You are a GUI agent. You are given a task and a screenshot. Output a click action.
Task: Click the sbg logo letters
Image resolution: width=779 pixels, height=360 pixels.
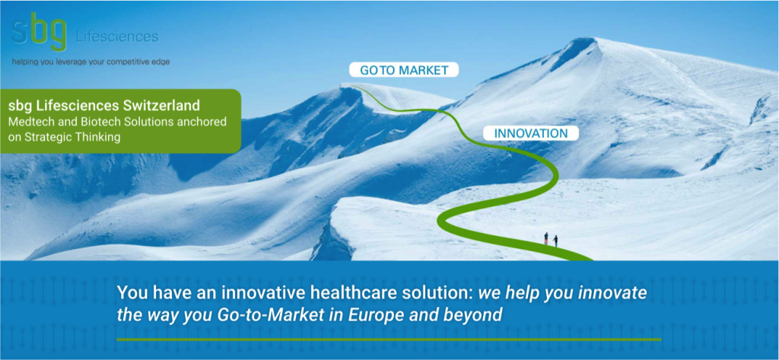coord(40,31)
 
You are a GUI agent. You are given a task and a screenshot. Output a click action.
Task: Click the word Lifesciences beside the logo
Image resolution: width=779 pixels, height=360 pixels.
coord(117,37)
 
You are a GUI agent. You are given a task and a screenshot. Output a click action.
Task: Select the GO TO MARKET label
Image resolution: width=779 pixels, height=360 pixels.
coord(403,70)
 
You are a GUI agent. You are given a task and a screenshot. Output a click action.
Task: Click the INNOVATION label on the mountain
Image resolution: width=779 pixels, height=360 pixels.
coord(531,133)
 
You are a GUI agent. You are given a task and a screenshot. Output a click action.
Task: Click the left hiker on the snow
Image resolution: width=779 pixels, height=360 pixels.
coord(546,239)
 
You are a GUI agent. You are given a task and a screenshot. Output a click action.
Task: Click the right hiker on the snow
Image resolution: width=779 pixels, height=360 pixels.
coord(555,241)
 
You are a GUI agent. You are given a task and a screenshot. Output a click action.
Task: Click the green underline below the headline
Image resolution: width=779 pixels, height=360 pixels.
coord(389,339)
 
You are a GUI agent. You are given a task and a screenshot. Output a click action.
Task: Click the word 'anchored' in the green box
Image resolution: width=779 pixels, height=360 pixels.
coord(205,122)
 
